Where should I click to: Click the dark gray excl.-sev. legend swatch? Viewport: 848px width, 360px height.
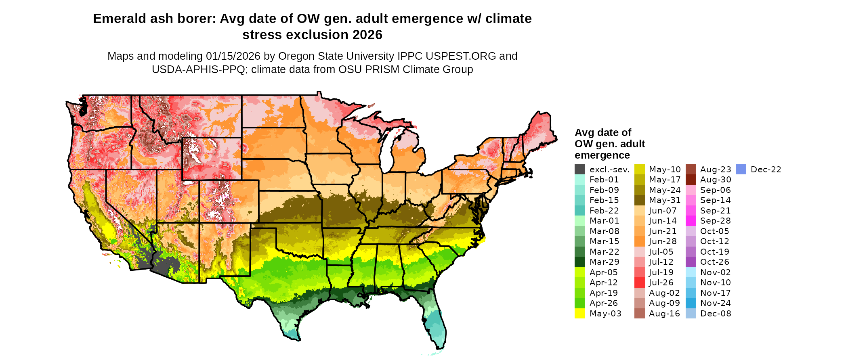point(579,170)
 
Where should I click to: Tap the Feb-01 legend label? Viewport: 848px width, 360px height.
point(604,180)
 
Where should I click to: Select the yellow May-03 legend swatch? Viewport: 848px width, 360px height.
point(579,314)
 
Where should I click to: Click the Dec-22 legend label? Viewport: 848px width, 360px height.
point(766,170)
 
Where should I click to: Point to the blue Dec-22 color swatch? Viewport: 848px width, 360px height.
point(741,170)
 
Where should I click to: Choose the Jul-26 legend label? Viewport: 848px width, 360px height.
point(661,283)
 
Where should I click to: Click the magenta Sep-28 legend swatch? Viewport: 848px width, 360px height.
point(691,221)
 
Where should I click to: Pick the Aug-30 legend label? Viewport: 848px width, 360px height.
point(716,180)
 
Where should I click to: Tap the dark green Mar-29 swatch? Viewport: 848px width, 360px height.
point(579,262)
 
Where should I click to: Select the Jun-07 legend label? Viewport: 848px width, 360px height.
point(663,211)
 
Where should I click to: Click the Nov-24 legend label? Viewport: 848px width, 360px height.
point(716,303)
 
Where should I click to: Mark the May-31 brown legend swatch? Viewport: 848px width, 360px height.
point(639,200)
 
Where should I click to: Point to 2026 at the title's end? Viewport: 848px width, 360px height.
point(367,35)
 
